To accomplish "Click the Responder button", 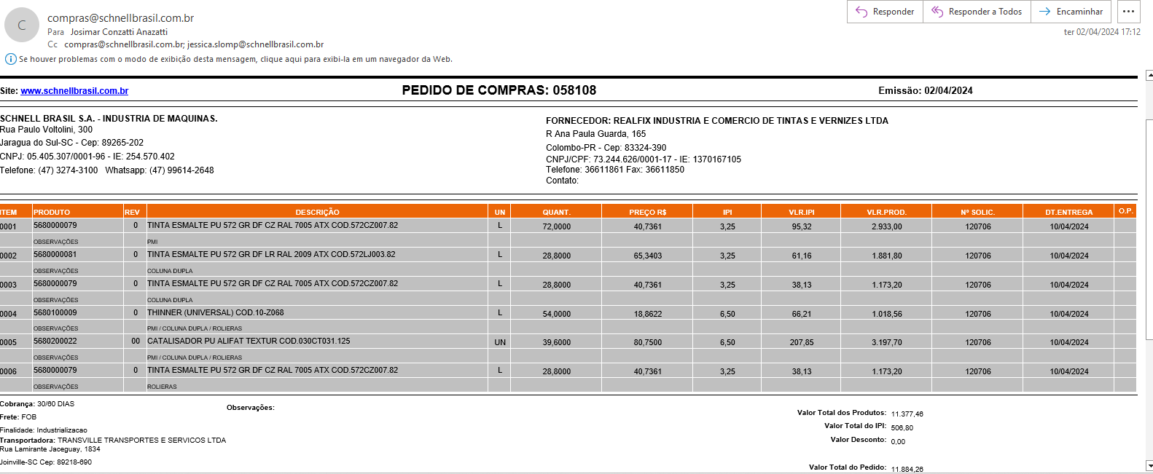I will click(885, 12).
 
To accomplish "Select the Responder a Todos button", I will click(977, 12).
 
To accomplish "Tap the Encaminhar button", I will click(1071, 12).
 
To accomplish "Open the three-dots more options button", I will click(1128, 12).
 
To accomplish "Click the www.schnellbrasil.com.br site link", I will click(74, 91).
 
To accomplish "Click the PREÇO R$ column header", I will click(647, 212).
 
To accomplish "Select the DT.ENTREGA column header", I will click(1068, 212).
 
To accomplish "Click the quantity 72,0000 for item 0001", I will click(556, 226).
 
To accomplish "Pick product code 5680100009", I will click(55, 312).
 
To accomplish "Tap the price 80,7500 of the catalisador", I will click(647, 342).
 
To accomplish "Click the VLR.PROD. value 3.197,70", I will click(886, 342).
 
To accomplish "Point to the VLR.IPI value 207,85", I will click(802, 342).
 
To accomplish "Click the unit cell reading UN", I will click(500, 342).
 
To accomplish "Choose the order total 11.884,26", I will click(907, 469).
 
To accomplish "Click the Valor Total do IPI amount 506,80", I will click(902, 427).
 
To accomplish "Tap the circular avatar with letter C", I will click(22, 25).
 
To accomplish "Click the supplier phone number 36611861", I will click(604, 170).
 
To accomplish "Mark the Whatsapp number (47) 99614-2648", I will click(181, 170).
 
